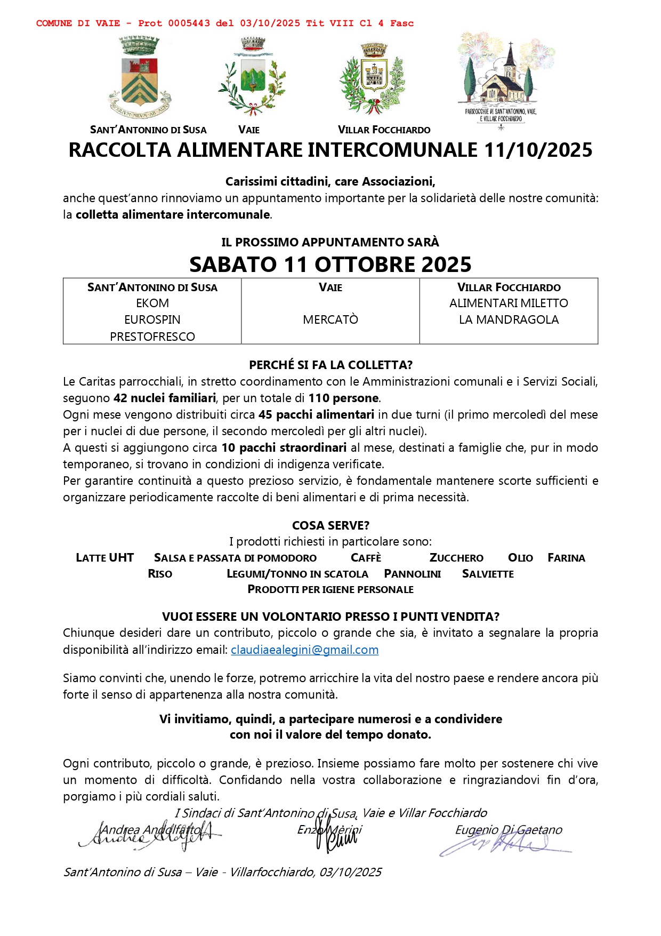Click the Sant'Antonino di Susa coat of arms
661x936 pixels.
click(140, 78)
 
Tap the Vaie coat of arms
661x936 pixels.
click(252, 77)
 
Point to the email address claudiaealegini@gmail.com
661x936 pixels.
click(304, 650)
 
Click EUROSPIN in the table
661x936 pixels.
click(152, 319)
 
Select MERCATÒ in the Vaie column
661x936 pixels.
click(330, 319)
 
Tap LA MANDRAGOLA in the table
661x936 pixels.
click(509, 319)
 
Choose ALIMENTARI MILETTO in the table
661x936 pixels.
click(509, 303)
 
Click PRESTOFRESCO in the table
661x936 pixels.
click(152, 337)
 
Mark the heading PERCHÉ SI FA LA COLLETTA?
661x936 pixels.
click(330, 365)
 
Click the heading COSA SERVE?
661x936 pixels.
click(330, 525)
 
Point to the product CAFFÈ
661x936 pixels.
click(366, 558)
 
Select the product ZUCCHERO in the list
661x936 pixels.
click(456, 558)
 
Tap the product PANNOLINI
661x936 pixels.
click(412, 574)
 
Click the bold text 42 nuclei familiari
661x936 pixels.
click(165, 398)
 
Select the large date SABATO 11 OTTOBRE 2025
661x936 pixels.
click(330, 265)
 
